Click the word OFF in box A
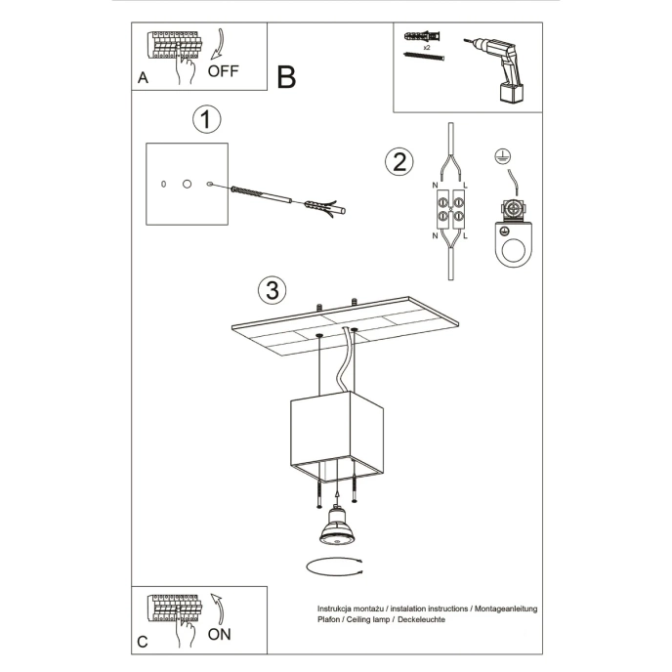(223, 72)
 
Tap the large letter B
(285, 77)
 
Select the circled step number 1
(206, 120)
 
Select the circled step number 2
(398, 161)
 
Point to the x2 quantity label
(426, 46)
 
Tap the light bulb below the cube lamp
(337, 528)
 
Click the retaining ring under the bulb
(335, 567)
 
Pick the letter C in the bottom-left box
(143, 642)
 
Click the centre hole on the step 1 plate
(187, 184)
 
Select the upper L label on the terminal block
(464, 185)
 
